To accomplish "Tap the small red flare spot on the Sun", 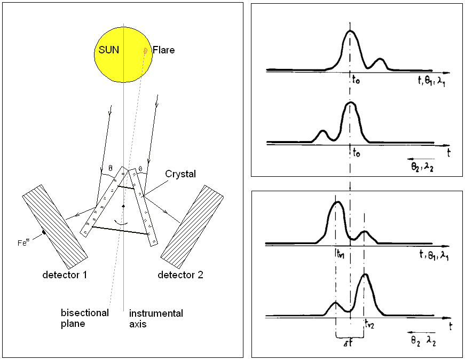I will click(145, 50).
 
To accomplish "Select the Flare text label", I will click(164, 51).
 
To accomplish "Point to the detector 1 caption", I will click(65, 275).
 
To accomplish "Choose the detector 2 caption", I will click(180, 275).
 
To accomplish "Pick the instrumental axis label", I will click(152, 318).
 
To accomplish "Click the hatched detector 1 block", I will click(54, 226).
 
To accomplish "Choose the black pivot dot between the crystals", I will click(123, 206).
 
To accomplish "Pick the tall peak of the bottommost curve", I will click(365, 276).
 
